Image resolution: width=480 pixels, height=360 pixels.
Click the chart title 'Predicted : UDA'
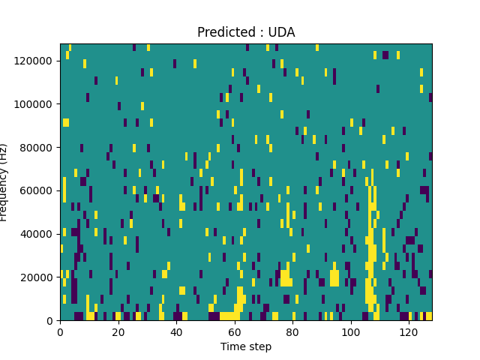point(246,32)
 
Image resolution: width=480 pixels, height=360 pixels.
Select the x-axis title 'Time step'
point(246,346)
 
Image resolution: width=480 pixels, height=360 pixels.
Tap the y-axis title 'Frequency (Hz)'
point(4,182)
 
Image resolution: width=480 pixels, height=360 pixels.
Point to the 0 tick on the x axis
point(61,331)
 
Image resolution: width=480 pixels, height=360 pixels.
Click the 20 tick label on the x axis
point(118,331)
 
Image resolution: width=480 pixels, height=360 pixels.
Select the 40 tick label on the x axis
point(176,331)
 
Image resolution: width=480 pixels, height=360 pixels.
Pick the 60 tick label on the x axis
point(235,331)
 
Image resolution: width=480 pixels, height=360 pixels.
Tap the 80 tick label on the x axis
point(292,331)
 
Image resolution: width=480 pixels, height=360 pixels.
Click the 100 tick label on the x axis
point(350,331)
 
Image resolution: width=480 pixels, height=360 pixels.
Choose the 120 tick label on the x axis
point(409,331)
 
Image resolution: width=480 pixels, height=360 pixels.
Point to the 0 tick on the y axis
point(52,321)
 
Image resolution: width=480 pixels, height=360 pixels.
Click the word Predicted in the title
point(223,32)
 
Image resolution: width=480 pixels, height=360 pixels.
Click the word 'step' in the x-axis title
point(259,346)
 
